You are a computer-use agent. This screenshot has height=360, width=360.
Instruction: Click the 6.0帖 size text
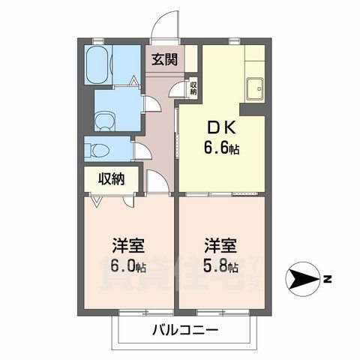tap(129, 268)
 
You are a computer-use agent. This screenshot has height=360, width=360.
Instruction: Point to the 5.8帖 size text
tap(222, 268)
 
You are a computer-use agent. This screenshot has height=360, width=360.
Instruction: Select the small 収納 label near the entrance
tap(193, 88)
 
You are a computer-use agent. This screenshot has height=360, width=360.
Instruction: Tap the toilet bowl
tap(98, 150)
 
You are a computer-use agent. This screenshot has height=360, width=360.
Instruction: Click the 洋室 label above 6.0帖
tap(129, 246)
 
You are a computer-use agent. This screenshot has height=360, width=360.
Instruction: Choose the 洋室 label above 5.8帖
tap(222, 246)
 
